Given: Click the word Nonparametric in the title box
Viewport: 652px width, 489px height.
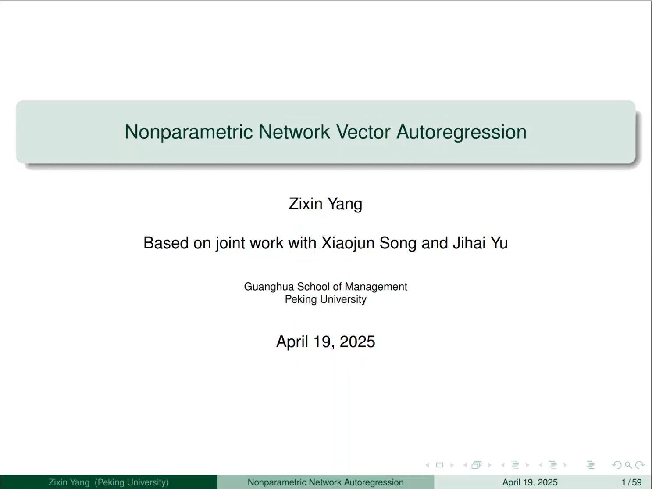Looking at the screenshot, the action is [189, 132].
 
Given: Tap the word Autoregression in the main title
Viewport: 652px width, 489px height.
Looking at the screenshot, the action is [461, 132].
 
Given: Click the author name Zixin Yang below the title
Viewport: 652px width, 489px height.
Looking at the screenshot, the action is [325, 204].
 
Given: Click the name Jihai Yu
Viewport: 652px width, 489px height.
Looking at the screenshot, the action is [480, 243].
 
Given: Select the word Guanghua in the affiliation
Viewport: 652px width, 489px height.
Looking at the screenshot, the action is [269, 287].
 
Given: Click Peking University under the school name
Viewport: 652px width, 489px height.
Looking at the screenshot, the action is [325, 299].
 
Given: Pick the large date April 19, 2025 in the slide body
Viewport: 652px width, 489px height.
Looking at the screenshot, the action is [325, 342].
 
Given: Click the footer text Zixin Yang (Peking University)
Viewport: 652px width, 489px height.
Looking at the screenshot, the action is [109, 482].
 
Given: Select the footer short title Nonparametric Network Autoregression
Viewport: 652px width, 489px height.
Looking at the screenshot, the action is [325, 482].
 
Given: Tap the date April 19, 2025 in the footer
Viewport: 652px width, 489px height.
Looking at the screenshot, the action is [530, 482].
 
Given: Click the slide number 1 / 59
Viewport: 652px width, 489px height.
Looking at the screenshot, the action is [632, 482].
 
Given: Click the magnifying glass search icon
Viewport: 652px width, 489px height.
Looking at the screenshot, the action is [628, 465].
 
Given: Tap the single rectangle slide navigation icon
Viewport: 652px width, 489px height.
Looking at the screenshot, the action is [440, 465].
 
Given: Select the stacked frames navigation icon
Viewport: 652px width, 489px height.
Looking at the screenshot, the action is [477, 465].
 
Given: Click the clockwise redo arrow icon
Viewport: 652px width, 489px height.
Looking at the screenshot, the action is [640, 465].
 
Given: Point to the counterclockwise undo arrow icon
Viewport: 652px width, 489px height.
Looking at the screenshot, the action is [616, 465].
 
